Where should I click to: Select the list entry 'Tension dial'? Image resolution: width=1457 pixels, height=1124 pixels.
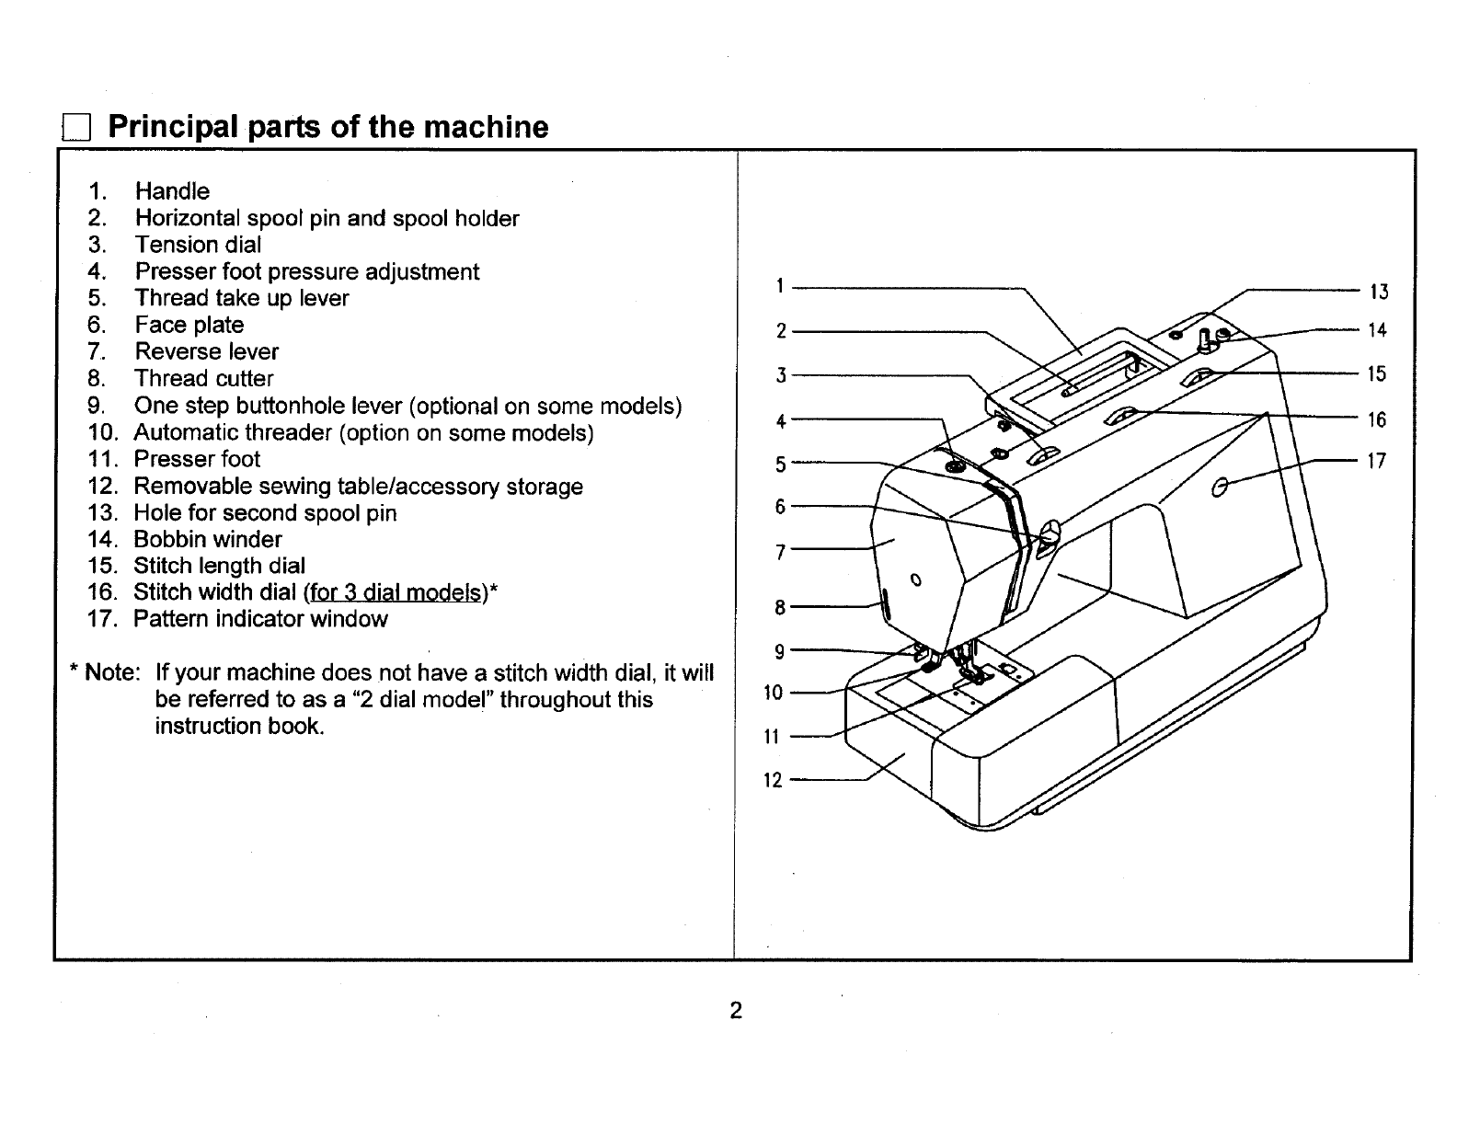pyautogui.click(x=198, y=245)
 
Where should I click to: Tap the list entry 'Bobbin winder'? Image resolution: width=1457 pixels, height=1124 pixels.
pyautogui.click(x=207, y=539)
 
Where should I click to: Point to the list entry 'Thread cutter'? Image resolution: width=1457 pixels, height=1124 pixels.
pyautogui.click(x=203, y=378)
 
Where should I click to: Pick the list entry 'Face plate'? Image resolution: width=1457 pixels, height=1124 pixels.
pyautogui.click(x=189, y=325)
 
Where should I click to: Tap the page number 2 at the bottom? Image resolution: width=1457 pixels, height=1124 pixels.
pyautogui.click(x=735, y=1011)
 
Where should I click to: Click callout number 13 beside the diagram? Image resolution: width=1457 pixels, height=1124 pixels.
pyautogui.click(x=1378, y=292)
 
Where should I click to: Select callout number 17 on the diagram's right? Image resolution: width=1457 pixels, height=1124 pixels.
pyautogui.click(x=1376, y=462)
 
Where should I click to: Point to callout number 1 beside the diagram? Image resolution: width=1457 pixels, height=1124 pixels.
pyautogui.click(x=778, y=286)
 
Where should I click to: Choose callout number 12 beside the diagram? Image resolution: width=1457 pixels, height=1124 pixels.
pyautogui.click(x=773, y=781)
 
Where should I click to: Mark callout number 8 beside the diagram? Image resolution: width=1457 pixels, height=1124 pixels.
pyautogui.click(x=779, y=607)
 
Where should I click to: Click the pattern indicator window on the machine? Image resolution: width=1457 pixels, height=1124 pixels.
pyautogui.click(x=1221, y=486)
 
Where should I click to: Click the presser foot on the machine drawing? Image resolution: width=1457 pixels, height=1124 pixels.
pyautogui.click(x=973, y=675)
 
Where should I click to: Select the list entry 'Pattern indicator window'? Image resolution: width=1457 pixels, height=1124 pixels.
pyautogui.click(x=260, y=619)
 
